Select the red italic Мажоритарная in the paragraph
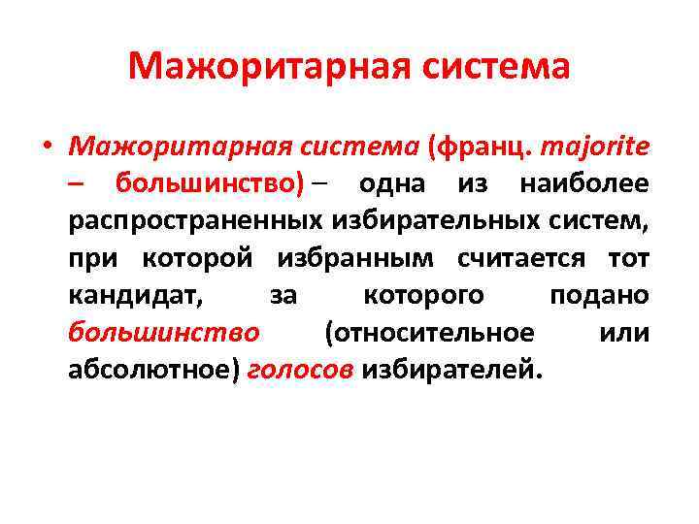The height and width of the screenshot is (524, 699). click(x=175, y=147)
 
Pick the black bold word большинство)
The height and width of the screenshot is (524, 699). click(x=210, y=183)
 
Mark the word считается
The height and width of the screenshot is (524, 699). click(x=522, y=257)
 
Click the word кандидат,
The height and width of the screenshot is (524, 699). click(x=137, y=295)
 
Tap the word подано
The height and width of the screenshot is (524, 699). click(x=600, y=295)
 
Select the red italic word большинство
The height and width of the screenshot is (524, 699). click(x=164, y=332)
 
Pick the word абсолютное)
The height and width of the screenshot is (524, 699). click(x=153, y=369)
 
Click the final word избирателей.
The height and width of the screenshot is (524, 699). click(x=452, y=369)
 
